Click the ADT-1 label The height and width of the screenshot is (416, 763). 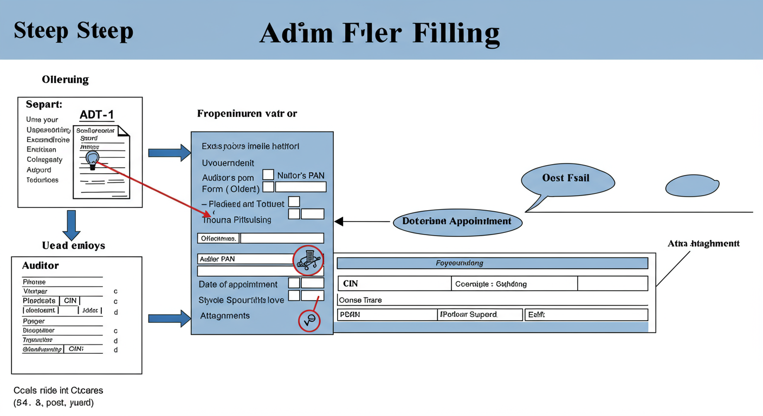96,115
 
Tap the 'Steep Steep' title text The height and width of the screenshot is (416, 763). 73,30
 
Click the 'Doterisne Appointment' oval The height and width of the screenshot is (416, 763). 457,221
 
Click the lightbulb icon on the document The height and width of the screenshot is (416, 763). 93,158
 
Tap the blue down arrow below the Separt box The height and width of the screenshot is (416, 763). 72,225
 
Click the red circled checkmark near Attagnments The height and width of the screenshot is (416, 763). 309,321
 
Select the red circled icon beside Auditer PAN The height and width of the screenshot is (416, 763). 308,260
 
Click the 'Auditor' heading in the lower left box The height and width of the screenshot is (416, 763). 40,265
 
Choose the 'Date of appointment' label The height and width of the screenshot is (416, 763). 238,284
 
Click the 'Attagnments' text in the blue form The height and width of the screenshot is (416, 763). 225,316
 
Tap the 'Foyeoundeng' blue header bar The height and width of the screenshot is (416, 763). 492,263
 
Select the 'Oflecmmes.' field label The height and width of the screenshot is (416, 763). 218,238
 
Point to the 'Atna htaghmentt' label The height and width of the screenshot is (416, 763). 703,244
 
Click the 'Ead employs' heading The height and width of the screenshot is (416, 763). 74,245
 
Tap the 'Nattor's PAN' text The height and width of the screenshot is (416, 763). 301,175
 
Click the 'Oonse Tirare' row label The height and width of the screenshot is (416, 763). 360,300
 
